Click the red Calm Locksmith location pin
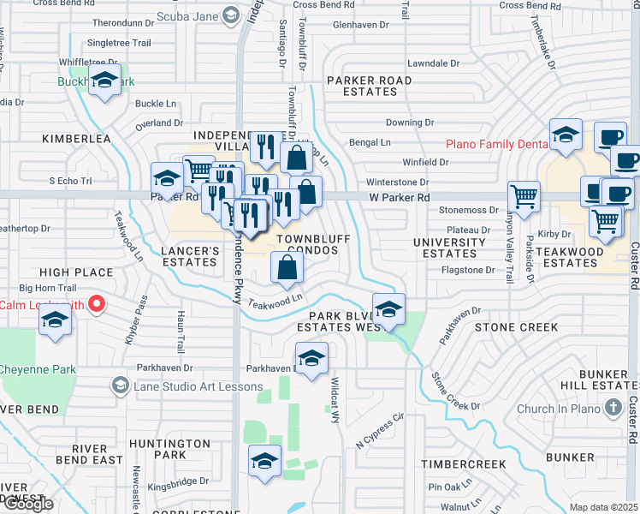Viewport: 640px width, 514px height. click(x=98, y=303)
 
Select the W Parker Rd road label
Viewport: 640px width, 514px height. click(x=399, y=198)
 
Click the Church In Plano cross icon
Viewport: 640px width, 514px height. click(x=613, y=409)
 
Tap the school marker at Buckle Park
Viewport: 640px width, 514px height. click(x=105, y=81)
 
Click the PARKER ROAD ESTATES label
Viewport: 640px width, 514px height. click(x=368, y=86)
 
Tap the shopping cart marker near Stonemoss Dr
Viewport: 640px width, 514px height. click(x=523, y=196)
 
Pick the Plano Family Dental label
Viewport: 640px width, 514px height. click(x=496, y=144)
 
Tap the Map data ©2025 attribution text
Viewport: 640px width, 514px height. click(x=603, y=507)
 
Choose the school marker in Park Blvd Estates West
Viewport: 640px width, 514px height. click(x=388, y=309)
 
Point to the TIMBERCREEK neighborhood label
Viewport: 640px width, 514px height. click(x=459, y=463)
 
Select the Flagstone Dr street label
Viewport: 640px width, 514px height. click(x=466, y=270)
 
